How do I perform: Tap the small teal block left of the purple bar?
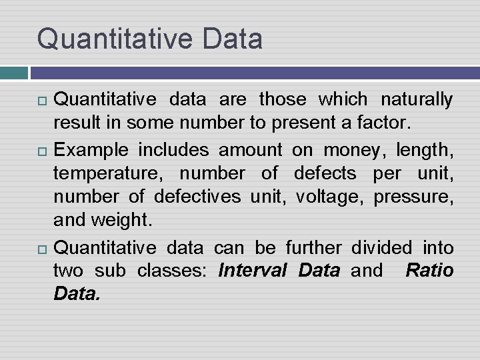pyautogui.click(x=13, y=73)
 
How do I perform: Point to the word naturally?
pyautogui.click(x=417, y=100)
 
